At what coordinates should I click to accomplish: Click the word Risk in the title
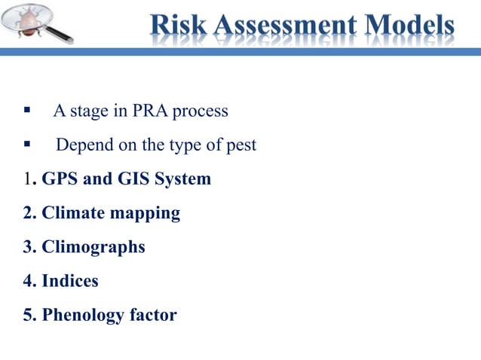pos(179,26)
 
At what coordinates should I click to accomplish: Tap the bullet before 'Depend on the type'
pos(27,144)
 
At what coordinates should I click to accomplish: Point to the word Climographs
pos(93,248)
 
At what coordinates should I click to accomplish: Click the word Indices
pos(70,282)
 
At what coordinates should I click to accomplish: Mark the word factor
pos(153,315)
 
